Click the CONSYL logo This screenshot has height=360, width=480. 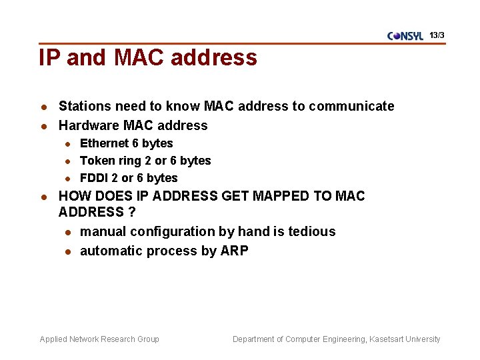point(405,36)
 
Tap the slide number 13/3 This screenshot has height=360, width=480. point(437,35)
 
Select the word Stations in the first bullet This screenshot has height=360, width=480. point(85,106)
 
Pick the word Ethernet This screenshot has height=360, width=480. point(104,143)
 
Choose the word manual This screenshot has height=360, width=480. point(103,231)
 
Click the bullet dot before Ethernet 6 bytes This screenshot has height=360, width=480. point(67,143)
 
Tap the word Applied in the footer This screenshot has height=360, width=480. point(53,339)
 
